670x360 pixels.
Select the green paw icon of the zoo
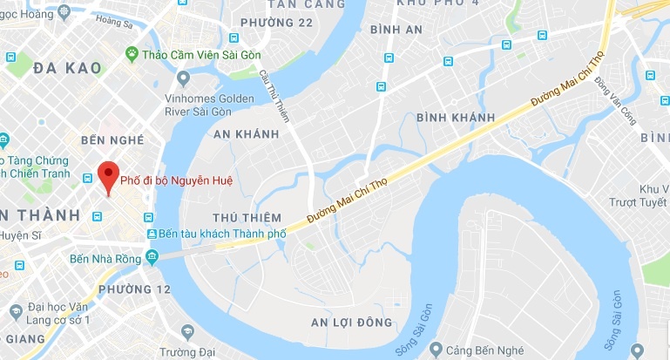point(132,54)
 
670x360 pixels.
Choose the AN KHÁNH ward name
point(246,134)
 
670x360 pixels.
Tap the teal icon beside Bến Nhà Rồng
point(152,256)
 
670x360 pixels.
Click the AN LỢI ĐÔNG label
point(352,323)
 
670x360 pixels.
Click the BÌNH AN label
point(396,30)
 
